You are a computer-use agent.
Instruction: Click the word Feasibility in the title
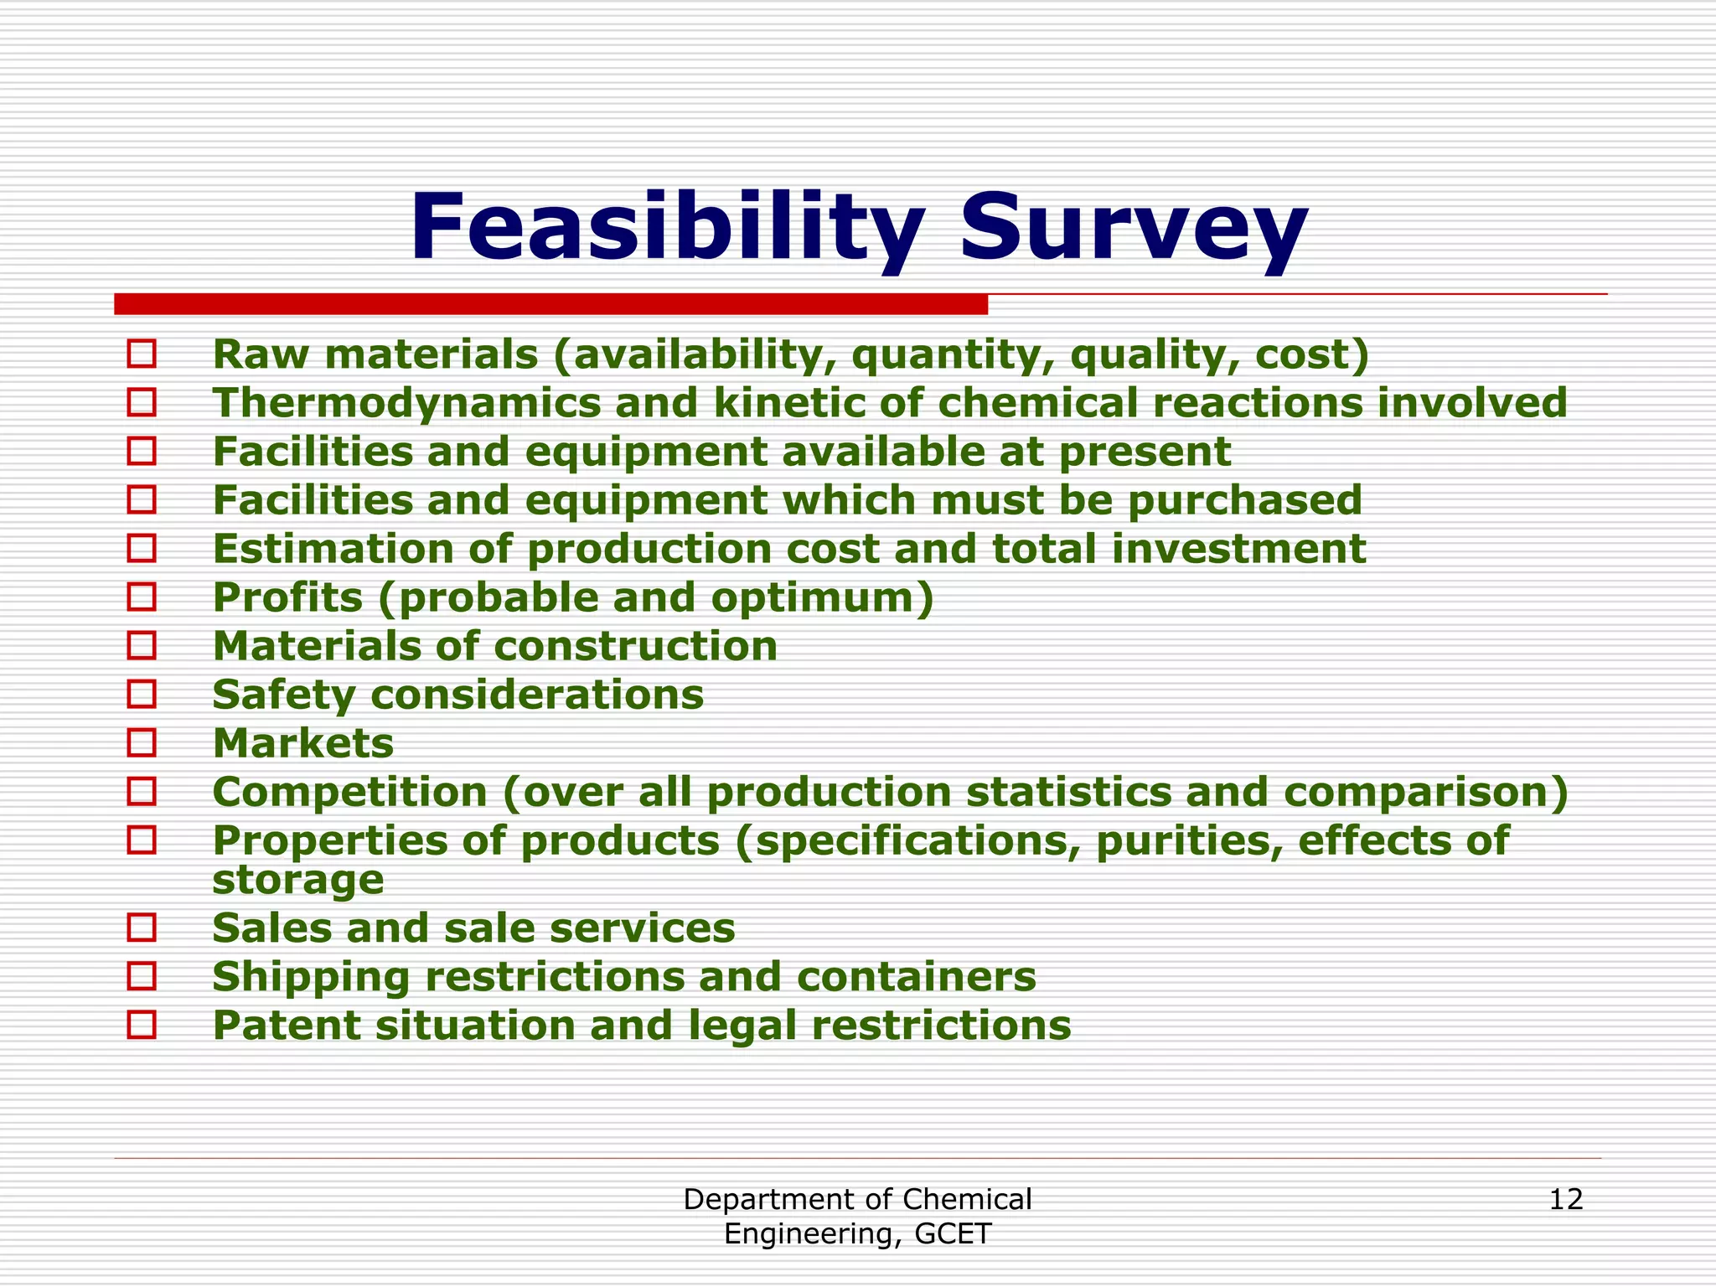(666, 228)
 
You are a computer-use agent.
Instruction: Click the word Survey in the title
(1134, 228)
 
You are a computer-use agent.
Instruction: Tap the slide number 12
(1565, 1200)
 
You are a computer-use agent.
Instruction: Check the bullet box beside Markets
(142, 742)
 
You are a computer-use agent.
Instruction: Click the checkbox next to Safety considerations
(142, 694)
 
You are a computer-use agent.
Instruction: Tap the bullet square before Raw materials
(142, 354)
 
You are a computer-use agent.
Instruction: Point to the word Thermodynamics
(406, 403)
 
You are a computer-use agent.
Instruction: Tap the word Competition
(349, 792)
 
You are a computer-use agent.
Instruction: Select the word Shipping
(309, 976)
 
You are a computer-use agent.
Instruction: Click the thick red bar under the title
(550, 304)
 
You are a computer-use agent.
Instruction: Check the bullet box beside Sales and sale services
(142, 928)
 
